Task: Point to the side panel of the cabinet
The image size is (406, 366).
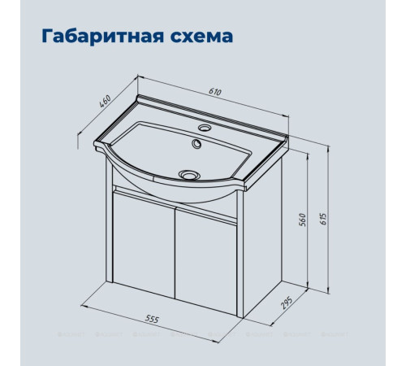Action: pyautogui.click(x=260, y=232)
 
